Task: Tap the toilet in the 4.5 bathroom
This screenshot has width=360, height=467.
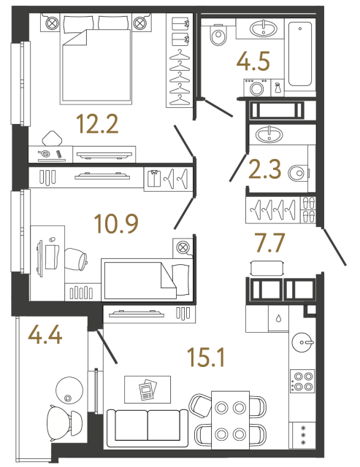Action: point(216,36)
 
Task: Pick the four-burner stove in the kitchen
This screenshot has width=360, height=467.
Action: point(302,384)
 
